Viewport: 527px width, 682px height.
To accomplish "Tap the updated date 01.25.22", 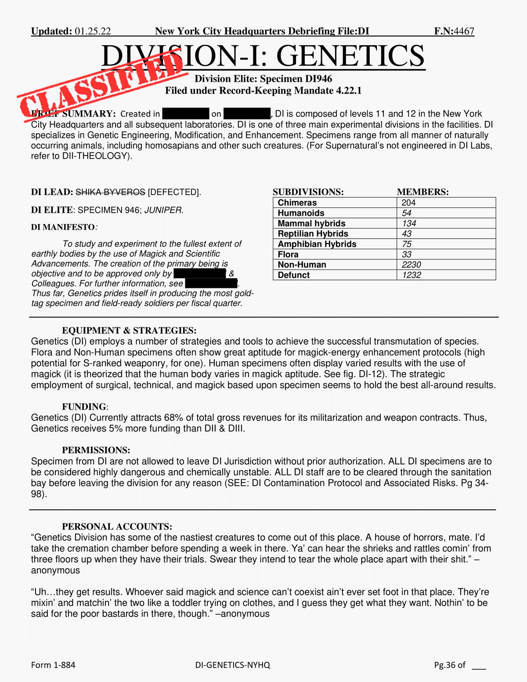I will tap(93, 31).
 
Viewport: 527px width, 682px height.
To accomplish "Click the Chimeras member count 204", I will tap(408, 203).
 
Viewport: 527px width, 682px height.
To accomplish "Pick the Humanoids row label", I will tap(301, 213).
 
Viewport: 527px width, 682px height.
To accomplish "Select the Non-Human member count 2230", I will tap(411, 265).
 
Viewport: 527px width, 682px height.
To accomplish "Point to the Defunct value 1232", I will tap(411, 275).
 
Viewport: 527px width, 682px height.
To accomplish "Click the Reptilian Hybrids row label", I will tap(313, 234).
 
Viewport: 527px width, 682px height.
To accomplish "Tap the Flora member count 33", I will tap(406, 254).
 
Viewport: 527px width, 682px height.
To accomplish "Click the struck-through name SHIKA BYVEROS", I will tap(110, 192).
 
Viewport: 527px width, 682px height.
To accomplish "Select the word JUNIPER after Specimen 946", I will tap(163, 210).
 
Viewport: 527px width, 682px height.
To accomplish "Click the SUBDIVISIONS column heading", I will tap(308, 192).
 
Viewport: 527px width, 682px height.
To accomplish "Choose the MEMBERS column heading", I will tap(422, 192).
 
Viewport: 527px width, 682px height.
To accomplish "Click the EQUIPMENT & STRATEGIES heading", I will tap(129, 330).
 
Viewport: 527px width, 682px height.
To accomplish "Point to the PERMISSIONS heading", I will tap(96, 450).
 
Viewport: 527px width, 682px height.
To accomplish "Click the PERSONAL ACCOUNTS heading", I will tap(117, 526).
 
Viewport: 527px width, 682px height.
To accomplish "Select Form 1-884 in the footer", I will tap(53, 665).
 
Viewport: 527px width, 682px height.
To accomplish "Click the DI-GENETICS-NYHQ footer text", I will tap(233, 665).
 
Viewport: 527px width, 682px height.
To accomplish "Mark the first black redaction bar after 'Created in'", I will tap(185, 114).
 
